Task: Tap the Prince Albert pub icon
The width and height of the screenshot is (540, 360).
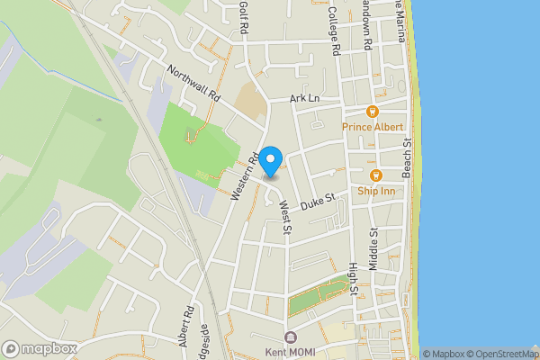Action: click(371, 112)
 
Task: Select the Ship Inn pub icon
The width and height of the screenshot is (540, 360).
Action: click(376, 175)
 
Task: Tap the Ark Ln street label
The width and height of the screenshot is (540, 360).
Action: click(305, 97)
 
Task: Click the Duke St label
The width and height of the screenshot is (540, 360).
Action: click(318, 200)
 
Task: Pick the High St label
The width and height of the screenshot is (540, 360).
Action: click(354, 279)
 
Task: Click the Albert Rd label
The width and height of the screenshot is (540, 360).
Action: click(186, 328)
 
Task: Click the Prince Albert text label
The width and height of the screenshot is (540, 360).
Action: click(373, 128)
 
